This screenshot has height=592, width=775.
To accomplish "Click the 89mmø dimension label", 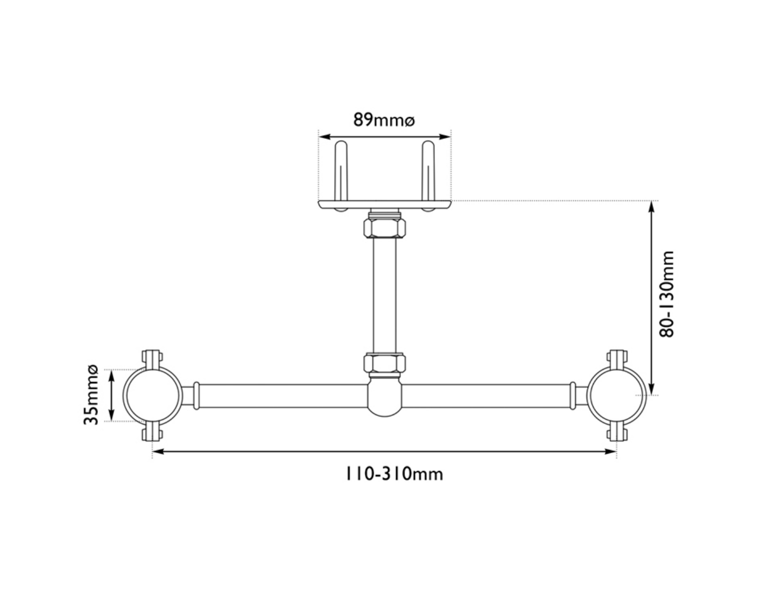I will tap(384, 119).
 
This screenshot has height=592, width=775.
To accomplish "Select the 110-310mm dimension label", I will tap(394, 474).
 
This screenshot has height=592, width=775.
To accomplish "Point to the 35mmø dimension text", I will tap(90, 394).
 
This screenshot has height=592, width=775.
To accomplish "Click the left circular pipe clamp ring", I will tap(152, 396).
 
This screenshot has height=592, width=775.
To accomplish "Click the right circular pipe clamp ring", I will tap(616, 396).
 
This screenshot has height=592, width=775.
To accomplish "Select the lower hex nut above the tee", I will tap(384, 363).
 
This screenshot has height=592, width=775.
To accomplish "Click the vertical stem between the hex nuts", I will tap(384, 295).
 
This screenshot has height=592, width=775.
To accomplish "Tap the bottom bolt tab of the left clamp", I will tap(152, 434).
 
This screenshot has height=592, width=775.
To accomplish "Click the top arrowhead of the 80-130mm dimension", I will tap(652, 206).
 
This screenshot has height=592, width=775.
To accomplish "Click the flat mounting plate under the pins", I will tap(384, 205).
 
